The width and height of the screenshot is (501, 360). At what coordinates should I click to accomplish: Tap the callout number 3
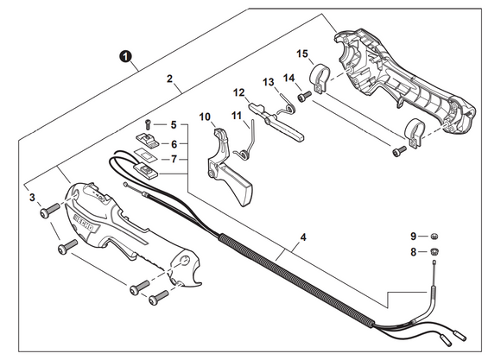click(32, 199)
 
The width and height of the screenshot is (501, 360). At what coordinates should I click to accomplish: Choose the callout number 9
click(413, 236)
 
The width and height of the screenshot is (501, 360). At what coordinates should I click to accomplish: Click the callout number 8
click(413, 252)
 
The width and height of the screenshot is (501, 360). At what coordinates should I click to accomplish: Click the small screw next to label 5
click(149, 123)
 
